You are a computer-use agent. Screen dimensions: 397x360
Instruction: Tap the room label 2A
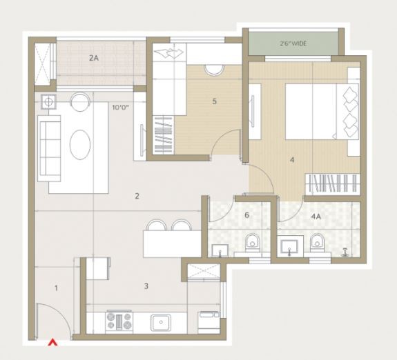click(94, 58)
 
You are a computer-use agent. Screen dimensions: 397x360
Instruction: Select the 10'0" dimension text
click(121, 108)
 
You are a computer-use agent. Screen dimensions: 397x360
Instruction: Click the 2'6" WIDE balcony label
click(293, 43)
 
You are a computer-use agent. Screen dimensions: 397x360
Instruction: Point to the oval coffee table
click(80, 144)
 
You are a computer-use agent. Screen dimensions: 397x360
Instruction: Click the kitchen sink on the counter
click(161, 322)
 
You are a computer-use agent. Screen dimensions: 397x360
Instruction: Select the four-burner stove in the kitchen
click(119, 321)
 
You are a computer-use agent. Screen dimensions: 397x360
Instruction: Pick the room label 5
click(215, 101)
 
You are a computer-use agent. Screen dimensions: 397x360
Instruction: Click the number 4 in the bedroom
click(292, 160)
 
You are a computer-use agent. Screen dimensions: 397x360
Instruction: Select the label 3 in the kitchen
click(146, 286)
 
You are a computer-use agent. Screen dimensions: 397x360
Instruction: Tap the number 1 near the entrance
click(56, 288)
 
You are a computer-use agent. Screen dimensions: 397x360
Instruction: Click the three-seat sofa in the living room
click(49, 148)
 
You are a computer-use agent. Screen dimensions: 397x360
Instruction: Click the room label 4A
click(316, 217)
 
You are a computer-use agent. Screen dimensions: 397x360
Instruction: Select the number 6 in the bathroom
click(246, 215)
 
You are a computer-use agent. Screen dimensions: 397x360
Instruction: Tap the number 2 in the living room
click(137, 196)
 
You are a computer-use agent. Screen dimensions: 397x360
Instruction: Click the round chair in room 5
click(214, 70)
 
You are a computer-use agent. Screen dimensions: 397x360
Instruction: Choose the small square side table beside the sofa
click(48, 101)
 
